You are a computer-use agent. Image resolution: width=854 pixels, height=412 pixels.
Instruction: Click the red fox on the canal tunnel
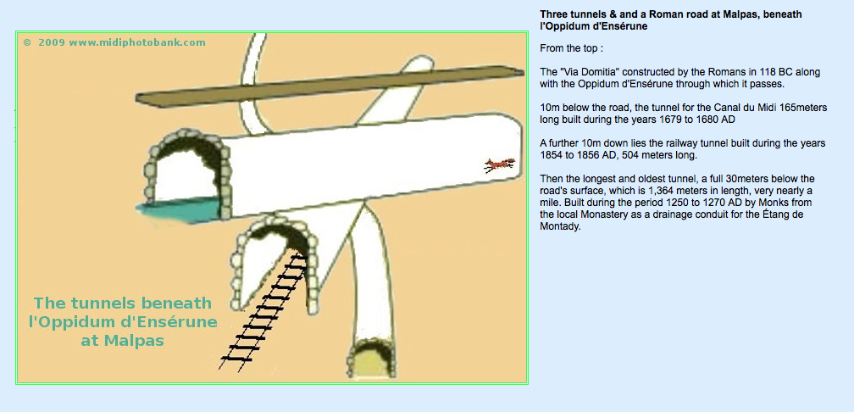500,164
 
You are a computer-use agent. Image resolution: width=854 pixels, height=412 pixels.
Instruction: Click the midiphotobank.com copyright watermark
114,42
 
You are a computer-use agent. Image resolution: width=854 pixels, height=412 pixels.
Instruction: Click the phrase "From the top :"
571,48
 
